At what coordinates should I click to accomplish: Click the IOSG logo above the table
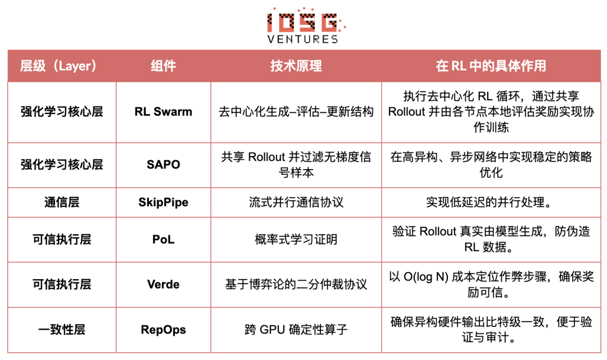point(303,21)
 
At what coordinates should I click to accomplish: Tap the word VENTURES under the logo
point(303,39)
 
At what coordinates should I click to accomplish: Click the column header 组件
point(164,66)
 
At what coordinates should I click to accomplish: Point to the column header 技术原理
point(296,66)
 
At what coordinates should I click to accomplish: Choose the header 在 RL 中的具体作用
point(491,66)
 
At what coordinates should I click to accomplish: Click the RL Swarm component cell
point(164,112)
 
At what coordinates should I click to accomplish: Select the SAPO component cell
point(164,165)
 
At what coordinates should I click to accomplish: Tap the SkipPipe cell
point(164,202)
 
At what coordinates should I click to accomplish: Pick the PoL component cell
point(164,240)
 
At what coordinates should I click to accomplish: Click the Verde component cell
point(164,284)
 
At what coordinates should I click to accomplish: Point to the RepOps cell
point(164,330)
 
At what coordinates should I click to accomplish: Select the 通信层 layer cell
point(62,202)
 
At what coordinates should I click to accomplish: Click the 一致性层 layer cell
point(62,330)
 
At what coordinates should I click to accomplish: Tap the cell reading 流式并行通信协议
point(296,202)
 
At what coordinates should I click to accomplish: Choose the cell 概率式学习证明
point(296,240)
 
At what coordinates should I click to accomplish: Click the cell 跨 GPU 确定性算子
point(296,330)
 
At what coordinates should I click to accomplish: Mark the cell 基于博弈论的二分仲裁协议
point(296,284)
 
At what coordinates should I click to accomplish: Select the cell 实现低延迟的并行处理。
point(491,202)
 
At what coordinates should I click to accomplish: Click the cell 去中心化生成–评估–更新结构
point(296,112)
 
